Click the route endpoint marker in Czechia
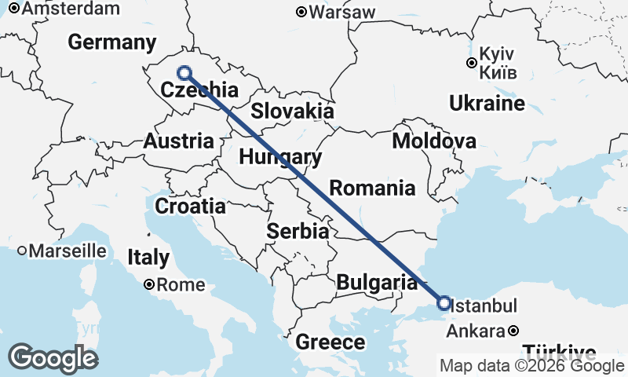(x=184, y=73)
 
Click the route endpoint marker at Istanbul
(x=444, y=302)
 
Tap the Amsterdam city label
(x=71, y=9)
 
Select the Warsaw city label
(x=341, y=13)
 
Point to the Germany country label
(x=112, y=42)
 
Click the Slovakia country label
(x=293, y=111)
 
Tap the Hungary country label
(x=280, y=157)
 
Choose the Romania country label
(x=372, y=188)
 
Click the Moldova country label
(x=434, y=141)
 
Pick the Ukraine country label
(x=487, y=103)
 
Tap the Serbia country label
(x=298, y=231)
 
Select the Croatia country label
(x=191, y=207)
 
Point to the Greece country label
(x=330, y=342)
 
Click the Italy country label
(x=149, y=257)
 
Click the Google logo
(x=53, y=358)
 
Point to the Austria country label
(x=178, y=141)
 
